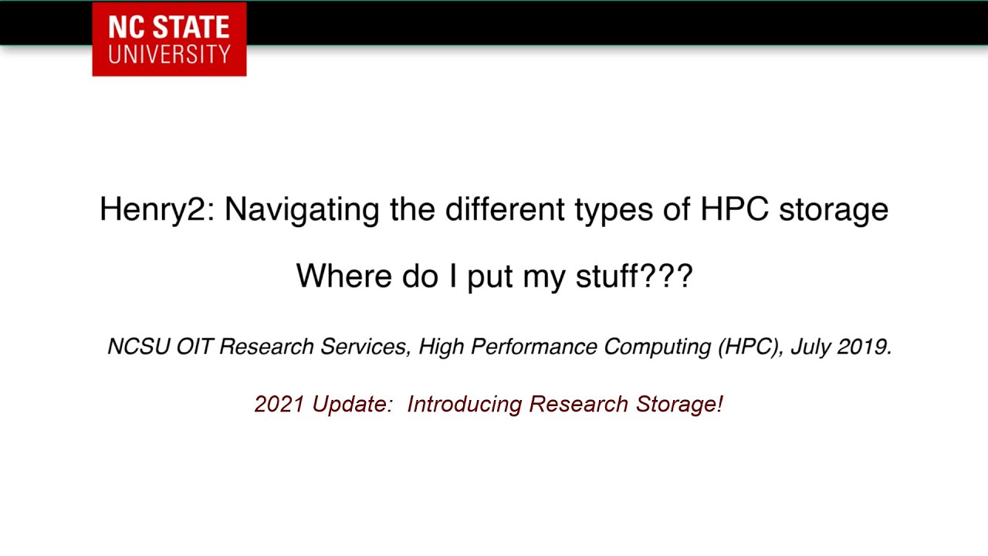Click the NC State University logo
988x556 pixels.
(x=169, y=39)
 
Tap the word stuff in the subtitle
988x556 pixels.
(x=607, y=276)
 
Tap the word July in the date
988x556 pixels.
(x=810, y=347)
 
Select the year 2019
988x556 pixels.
(x=864, y=347)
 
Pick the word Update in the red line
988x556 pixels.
(x=352, y=405)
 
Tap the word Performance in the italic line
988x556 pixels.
(x=535, y=347)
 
